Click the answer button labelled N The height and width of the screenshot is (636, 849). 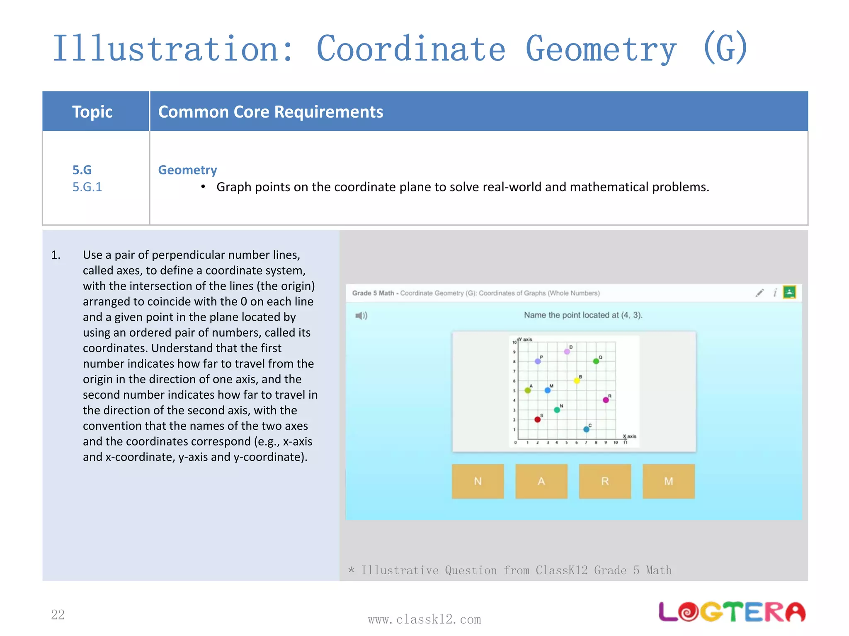point(478,481)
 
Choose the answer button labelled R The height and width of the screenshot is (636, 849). point(605,481)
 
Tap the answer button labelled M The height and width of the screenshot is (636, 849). point(668,481)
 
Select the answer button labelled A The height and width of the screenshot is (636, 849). point(541,481)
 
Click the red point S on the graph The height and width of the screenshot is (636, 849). point(538,419)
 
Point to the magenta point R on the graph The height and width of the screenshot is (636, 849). point(606,400)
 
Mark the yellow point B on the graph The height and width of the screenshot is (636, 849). point(577,381)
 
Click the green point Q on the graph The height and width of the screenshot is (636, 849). point(596,361)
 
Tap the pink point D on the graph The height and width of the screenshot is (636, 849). point(567,352)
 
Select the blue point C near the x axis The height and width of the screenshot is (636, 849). point(586,429)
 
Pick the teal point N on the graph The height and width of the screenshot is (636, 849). point(557,410)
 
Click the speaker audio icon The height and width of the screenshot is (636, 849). point(361,316)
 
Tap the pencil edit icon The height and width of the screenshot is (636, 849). point(759,293)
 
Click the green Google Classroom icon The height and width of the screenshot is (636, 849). point(789,292)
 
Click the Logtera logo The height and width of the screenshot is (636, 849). point(732,612)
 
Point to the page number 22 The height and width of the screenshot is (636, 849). point(58,614)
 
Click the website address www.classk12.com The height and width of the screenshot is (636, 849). point(424,619)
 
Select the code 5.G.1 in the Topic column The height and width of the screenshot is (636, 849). point(87,187)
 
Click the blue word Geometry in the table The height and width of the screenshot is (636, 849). point(187,170)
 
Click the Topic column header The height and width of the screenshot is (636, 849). point(92,112)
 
